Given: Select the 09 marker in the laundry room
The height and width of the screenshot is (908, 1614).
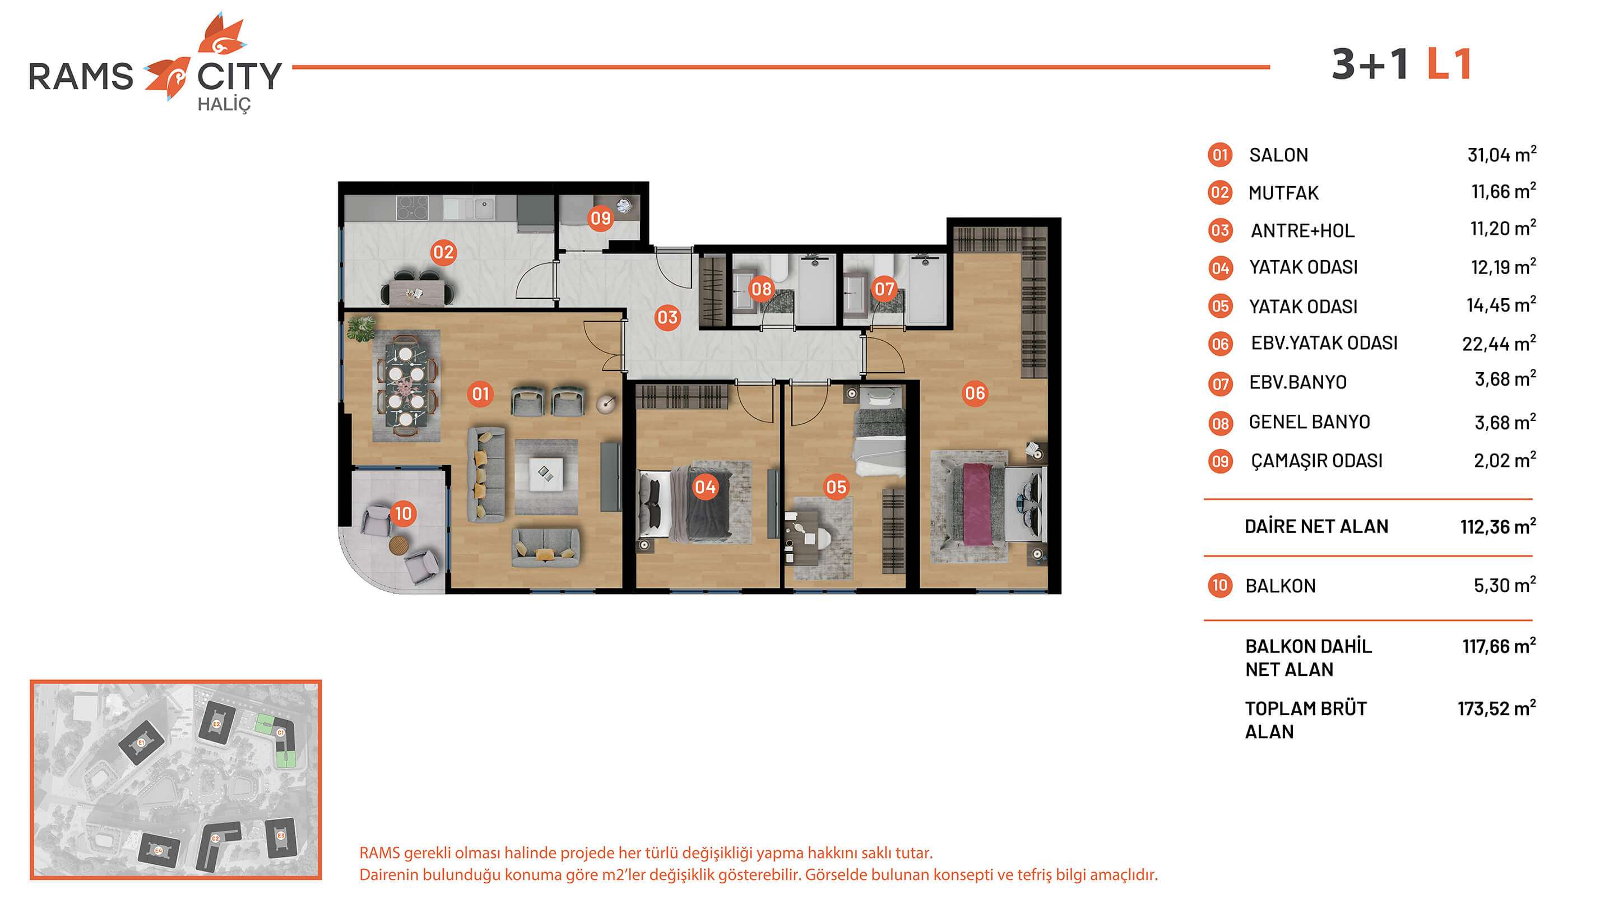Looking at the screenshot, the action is tap(600, 218).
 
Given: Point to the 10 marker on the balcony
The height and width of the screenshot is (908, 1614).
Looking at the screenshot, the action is tap(403, 513).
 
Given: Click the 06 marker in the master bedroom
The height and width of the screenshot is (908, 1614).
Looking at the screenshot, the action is tap(975, 393).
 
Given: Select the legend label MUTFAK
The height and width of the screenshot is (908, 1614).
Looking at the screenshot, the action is tap(1283, 193).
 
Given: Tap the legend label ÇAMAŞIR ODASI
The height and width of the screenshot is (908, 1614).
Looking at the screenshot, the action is tap(1316, 461).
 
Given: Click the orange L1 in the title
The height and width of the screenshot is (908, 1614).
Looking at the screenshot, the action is tap(1449, 64).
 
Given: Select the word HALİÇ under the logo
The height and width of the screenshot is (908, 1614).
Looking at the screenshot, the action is tap(224, 105).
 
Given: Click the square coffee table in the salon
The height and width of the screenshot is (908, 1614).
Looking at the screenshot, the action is tap(545, 474).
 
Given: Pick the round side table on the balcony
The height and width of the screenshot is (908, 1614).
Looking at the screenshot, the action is tap(399, 545).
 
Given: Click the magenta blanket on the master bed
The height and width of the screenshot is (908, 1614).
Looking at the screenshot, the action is tap(977, 504).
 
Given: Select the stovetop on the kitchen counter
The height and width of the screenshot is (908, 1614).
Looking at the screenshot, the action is tap(412, 207).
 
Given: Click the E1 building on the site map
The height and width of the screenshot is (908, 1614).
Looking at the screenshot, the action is tap(142, 743).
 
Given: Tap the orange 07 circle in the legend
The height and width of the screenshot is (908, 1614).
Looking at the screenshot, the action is tap(1220, 383).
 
